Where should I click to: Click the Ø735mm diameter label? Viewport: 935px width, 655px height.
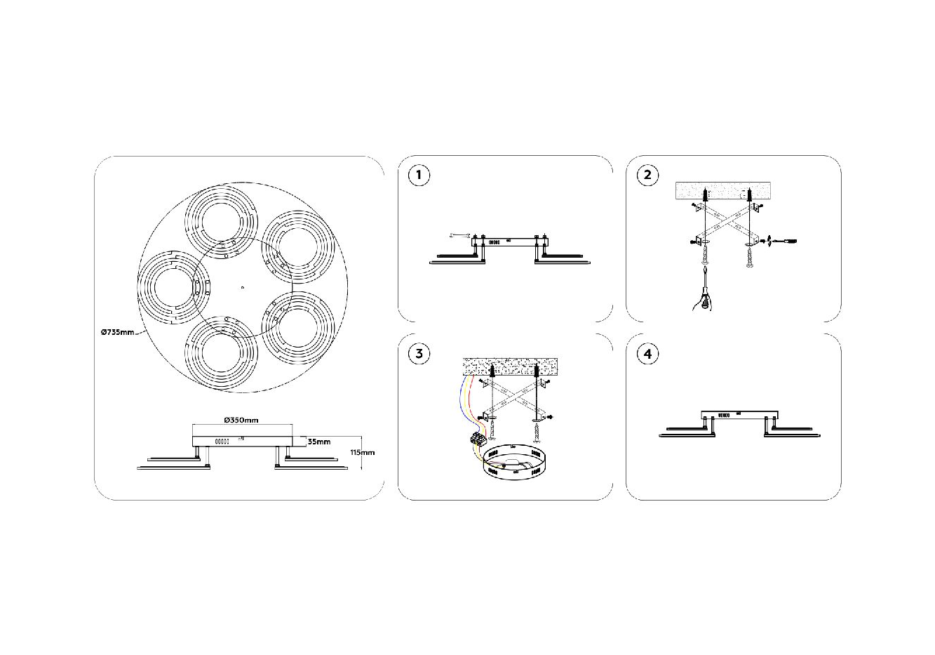click(x=116, y=332)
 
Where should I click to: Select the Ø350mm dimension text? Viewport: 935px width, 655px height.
click(x=241, y=420)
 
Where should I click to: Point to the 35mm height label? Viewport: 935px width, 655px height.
click(x=319, y=442)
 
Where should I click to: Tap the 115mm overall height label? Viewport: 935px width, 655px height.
click(x=363, y=453)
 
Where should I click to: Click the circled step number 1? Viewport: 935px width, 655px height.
click(x=419, y=175)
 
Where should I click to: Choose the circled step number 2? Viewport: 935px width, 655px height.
click(x=647, y=175)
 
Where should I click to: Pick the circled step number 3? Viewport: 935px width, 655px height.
click(x=419, y=353)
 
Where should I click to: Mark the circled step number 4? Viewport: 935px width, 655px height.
click(x=647, y=353)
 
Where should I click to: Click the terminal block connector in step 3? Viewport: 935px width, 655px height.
click(x=479, y=440)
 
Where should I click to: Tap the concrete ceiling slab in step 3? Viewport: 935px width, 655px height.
click(x=510, y=366)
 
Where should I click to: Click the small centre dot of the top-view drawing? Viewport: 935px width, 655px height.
click(x=241, y=286)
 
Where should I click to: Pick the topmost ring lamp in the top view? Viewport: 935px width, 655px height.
click(x=219, y=218)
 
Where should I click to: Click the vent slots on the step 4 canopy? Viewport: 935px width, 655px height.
click(x=723, y=416)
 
